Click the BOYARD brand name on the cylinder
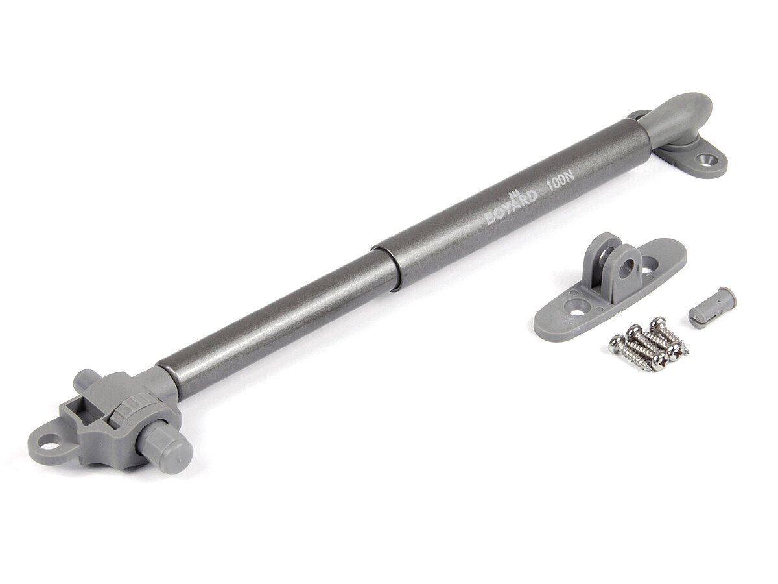click(x=510, y=210)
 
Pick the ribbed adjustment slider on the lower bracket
click(x=123, y=411)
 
